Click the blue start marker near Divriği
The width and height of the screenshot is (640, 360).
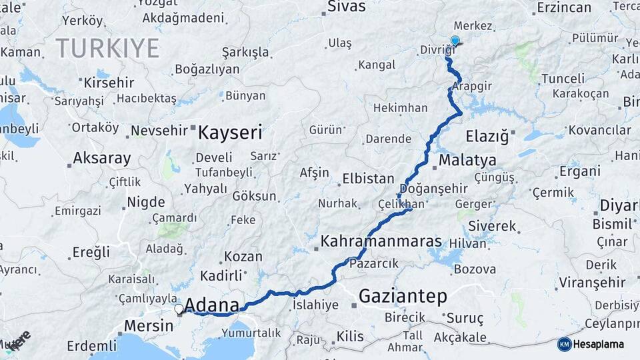455,41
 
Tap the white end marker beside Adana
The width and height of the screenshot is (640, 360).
179,309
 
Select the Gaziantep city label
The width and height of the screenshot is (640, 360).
403,296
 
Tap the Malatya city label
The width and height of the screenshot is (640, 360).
467,161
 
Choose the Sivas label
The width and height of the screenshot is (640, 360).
347,7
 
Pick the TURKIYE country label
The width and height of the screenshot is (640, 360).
107,48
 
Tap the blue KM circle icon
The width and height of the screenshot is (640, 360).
564,344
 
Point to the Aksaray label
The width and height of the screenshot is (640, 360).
101,159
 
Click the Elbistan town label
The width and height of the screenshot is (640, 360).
368,179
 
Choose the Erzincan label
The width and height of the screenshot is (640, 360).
563,8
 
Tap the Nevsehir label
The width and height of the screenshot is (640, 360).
161,131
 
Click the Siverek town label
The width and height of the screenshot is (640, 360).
492,227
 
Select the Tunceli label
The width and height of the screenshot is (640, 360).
544,79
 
